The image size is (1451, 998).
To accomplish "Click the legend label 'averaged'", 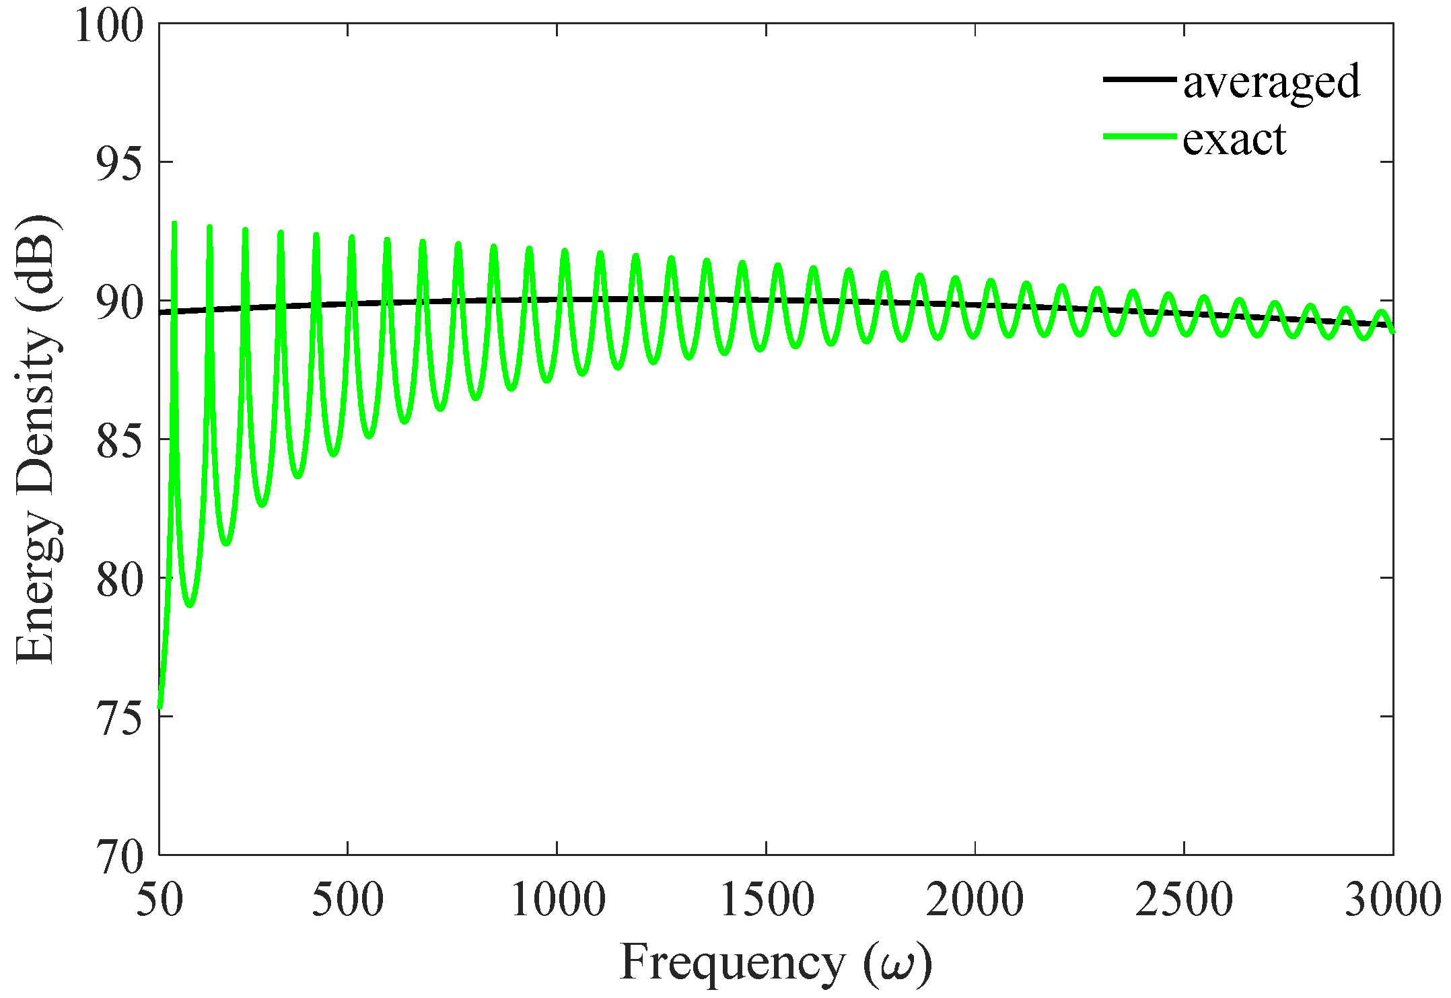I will point(1271,81).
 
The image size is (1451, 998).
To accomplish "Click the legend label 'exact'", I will point(1234,139).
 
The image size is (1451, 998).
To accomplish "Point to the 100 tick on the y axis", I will point(109,27).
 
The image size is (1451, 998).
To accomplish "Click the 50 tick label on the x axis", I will point(160,900).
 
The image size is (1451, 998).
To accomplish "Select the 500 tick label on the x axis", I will point(348,900).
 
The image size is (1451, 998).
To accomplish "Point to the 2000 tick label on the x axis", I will point(976,900).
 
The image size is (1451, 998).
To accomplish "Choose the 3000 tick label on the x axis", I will point(1392,900).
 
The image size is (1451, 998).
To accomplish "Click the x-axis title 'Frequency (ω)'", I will point(775,962).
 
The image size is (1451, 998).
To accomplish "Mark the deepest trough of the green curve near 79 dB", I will point(190,606).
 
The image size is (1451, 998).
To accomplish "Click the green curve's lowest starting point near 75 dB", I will point(160,705).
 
